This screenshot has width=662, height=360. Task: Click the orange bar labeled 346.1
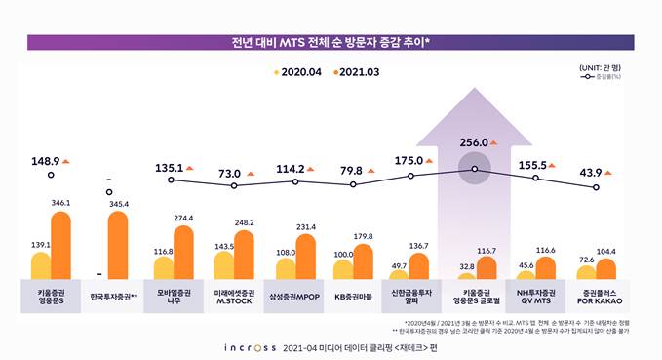(60, 246)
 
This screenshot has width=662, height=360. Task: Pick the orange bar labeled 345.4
(117, 246)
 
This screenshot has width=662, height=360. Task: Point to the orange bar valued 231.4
(306, 258)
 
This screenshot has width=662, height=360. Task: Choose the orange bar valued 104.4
(606, 270)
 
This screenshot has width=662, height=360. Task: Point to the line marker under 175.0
(410, 176)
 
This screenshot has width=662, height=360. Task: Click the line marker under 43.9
(595, 187)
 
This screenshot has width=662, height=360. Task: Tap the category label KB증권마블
(353, 294)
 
